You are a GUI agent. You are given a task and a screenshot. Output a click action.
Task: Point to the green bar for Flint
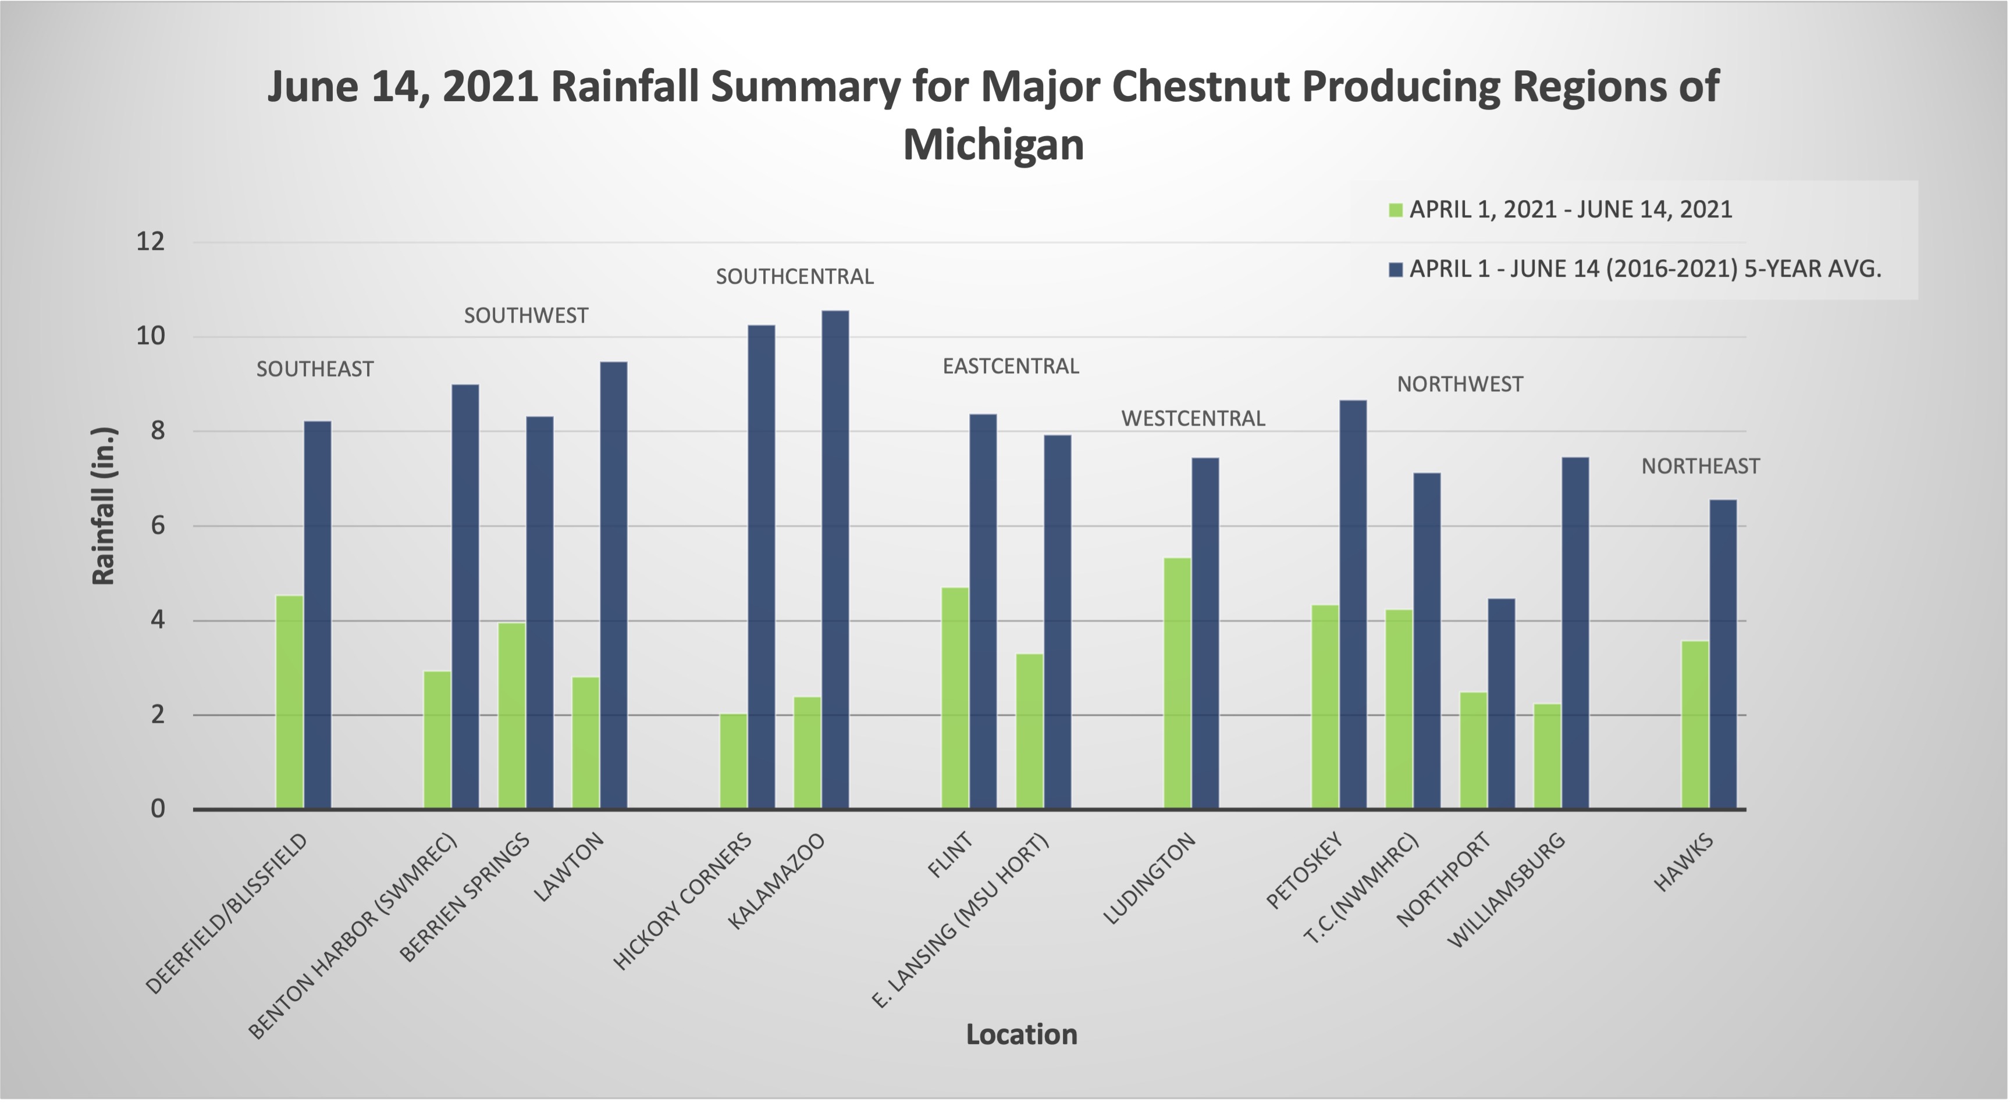pyautogui.click(x=955, y=698)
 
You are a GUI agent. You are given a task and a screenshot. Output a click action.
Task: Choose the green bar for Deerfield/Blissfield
pyautogui.click(x=290, y=702)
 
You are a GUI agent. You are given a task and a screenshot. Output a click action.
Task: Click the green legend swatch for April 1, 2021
pyautogui.click(x=1396, y=210)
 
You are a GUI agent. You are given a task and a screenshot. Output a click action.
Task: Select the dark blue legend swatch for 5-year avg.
pyautogui.click(x=1396, y=270)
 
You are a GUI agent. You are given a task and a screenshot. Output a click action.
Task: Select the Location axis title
pyautogui.click(x=1022, y=1034)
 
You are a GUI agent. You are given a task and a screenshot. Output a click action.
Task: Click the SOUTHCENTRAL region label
pyautogui.click(x=794, y=277)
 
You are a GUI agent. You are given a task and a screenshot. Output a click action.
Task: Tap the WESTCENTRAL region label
pyautogui.click(x=1193, y=419)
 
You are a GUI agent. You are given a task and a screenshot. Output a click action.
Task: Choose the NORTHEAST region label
pyautogui.click(x=1701, y=466)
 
